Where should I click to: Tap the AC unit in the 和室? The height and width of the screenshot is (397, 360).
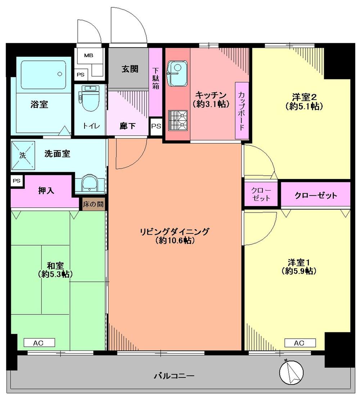tap(39, 343)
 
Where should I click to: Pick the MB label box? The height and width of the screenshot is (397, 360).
tap(88, 56)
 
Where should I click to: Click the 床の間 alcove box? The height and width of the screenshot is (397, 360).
tap(93, 204)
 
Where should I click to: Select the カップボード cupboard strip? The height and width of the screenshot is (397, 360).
tap(241, 111)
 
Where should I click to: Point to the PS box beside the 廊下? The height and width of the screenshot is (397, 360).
tap(156, 127)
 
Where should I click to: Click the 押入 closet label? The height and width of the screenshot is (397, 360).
tap(46, 191)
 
